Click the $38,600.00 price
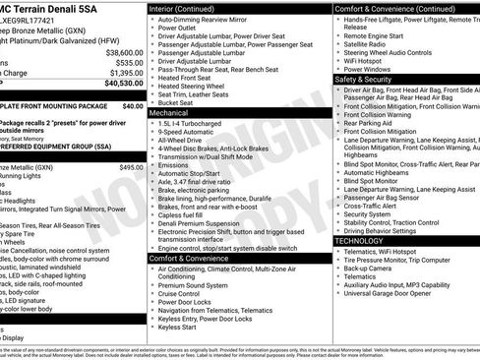124,52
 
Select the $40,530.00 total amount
124,84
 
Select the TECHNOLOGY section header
359,240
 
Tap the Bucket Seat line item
176,102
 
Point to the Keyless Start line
178,327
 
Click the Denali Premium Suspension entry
202,223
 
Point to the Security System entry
368,213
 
